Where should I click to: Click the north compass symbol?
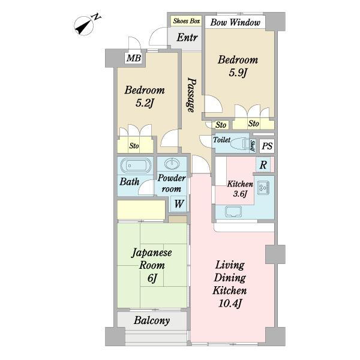[85, 25]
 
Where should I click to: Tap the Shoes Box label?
[187, 21]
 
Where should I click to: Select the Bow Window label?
[235, 23]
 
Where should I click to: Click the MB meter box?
[134, 58]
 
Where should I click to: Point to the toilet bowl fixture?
[239, 144]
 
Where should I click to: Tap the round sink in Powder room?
[172, 164]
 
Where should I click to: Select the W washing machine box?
[179, 204]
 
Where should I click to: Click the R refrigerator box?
[263, 164]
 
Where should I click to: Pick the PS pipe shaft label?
[267, 146]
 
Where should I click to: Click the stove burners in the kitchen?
[263, 188]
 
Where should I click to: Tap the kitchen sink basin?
[233, 211]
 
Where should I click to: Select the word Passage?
[191, 95]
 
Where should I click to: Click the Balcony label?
[152, 320]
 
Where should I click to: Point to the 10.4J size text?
[230, 303]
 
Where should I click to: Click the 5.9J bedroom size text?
[238, 73]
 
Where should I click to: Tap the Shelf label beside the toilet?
[253, 146]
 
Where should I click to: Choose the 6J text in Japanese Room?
[152, 278]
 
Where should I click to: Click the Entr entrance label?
[187, 37]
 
